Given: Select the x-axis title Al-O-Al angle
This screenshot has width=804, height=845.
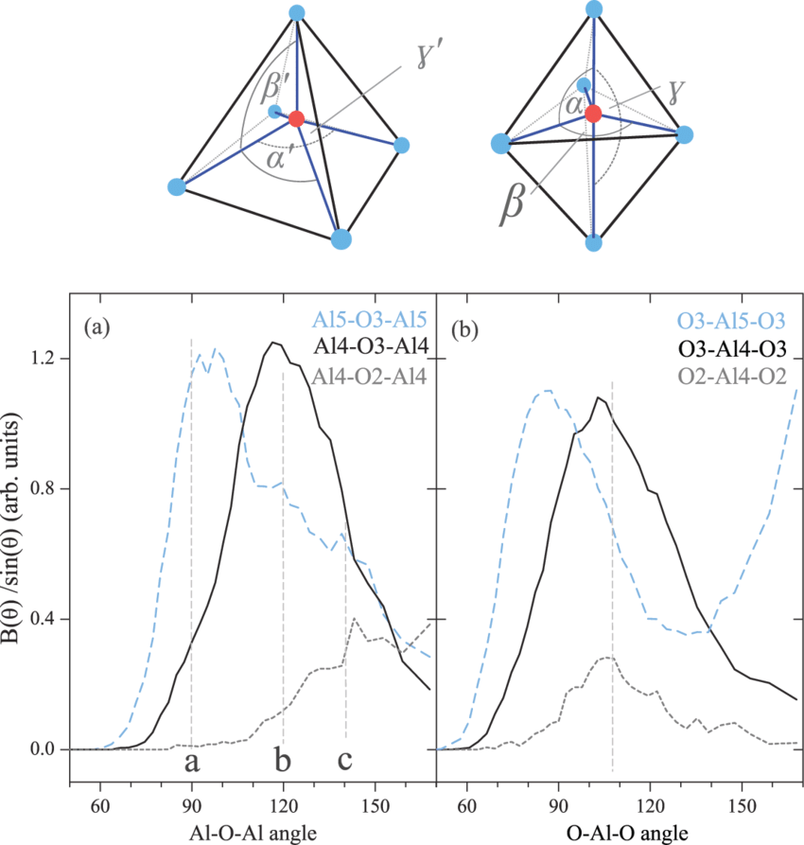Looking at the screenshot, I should tap(252, 831).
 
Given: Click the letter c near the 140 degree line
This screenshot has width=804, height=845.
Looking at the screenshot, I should tap(346, 760).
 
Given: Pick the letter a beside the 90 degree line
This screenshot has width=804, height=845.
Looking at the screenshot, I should tap(192, 761).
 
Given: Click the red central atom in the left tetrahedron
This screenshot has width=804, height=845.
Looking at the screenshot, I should tap(296, 118).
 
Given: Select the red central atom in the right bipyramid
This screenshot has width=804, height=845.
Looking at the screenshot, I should tap(593, 114).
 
